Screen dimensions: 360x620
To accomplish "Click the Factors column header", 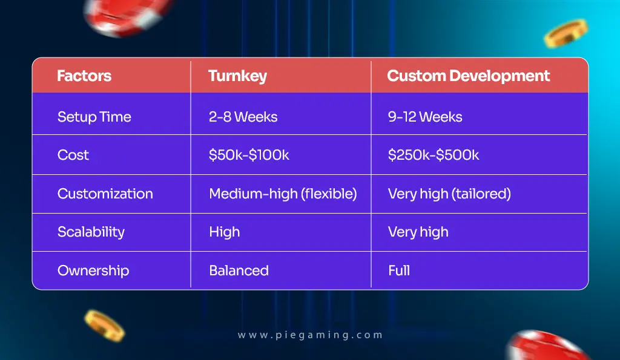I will tap(84, 76).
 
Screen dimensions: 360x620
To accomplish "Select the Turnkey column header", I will tap(237, 76).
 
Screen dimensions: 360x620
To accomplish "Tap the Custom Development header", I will tap(468, 76).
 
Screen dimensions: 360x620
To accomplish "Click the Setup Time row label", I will tap(94, 117).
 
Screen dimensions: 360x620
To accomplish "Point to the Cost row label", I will tap(73, 155).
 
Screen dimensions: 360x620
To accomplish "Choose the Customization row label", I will tap(105, 194).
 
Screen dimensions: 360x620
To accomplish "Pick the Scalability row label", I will tap(91, 232).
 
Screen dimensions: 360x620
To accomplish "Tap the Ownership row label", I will tap(93, 270).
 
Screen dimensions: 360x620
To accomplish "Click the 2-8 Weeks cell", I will tap(243, 117).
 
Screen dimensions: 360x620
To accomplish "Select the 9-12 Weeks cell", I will tap(425, 117).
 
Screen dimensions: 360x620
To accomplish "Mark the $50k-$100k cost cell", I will tap(249, 155).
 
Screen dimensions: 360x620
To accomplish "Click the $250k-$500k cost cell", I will tap(434, 155).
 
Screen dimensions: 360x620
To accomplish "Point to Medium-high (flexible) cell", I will tap(283, 194).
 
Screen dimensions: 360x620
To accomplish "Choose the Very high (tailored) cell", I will tap(449, 194).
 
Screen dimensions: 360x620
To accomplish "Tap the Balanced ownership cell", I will tap(239, 270).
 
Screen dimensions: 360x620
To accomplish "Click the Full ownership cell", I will tap(399, 270).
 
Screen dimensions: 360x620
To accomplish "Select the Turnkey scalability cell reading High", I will tap(224, 232).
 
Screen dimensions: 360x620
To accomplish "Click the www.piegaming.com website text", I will tap(310, 335).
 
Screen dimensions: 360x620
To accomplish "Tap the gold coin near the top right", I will tap(566, 33).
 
